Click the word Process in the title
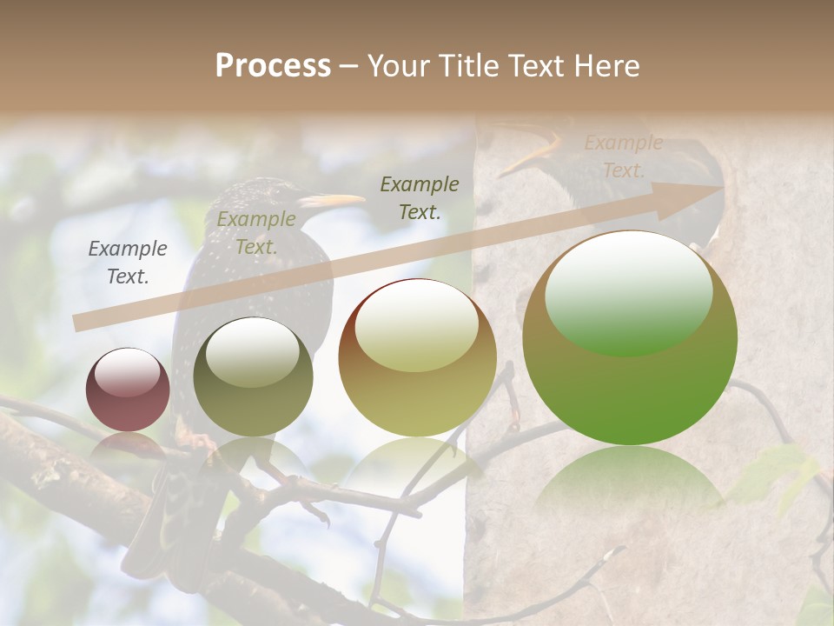pyautogui.click(x=273, y=66)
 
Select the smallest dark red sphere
pyautogui.click(x=128, y=390)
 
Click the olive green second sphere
pyautogui.click(x=253, y=377)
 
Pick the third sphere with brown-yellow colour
pyautogui.click(x=417, y=357)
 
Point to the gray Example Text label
pyautogui.click(x=128, y=263)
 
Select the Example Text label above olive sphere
pyautogui.click(x=255, y=233)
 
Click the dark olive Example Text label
pyautogui.click(x=420, y=197)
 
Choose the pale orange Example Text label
pyautogui.click(x=623, y=156)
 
